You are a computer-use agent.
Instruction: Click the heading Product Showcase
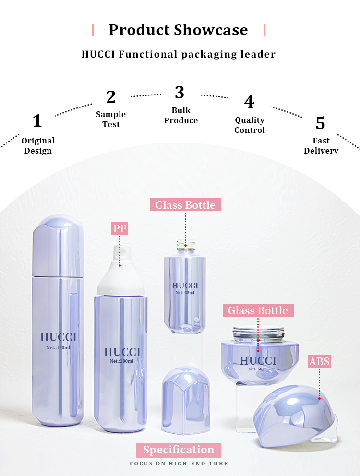[x=178, y=30]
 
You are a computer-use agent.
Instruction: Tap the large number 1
[x=37, y=121]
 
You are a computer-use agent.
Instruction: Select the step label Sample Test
[x=111, y=119]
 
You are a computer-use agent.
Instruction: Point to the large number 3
[x=180, y=92]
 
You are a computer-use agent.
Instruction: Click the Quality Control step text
[x=250, y=125]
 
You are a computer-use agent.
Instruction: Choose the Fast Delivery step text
[x=321, y=145]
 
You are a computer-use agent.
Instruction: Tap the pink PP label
[x=120, y=228]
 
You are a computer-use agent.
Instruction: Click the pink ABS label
[x=319, y=361]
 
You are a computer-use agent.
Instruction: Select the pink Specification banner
[x=179, y=450]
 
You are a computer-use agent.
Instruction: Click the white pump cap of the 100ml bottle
[x=120, y=274]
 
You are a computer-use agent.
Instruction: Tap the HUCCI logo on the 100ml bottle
[x=122, y=352]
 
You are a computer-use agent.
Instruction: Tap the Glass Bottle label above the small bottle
[x=185, y=205]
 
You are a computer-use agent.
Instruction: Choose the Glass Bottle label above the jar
[x=258, y=310]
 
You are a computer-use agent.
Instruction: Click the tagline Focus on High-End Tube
[x=179, y=464]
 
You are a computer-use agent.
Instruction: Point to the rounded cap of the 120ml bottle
[x=58, y=245]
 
